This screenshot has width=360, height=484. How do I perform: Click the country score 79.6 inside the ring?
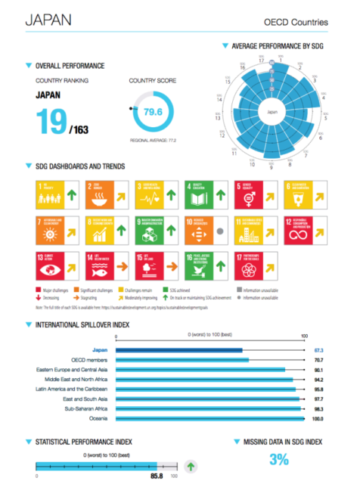154,113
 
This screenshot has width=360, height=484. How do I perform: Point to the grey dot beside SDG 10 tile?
219,231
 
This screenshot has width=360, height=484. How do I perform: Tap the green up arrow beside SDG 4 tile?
221,196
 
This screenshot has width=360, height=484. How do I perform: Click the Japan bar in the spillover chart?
178,350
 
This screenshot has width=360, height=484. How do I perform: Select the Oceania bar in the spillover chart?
210,417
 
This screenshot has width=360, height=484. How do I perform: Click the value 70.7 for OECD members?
318,360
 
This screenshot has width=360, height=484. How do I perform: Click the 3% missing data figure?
279,459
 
